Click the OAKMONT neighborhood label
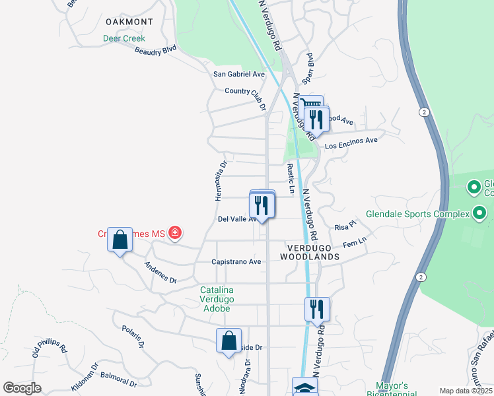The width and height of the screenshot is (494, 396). [129, 22]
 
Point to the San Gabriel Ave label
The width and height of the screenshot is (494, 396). [238, 75]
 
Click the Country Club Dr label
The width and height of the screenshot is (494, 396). [245, 96]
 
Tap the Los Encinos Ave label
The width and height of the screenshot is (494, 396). [351, 140]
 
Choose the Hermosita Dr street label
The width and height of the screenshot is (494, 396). [221, 180]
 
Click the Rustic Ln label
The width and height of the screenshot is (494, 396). [290, 179]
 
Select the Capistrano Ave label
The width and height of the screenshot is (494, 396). [236, 262]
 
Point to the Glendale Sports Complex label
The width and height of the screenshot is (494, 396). [417, 214]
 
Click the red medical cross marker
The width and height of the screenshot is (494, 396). [175, 232]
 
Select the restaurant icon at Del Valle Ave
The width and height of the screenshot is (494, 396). [262, 205]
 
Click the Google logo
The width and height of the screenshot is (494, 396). [22, 388]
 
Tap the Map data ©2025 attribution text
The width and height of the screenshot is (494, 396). [466, 391]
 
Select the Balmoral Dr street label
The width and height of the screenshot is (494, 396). [119, 379]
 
